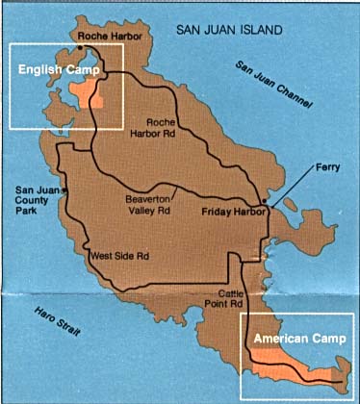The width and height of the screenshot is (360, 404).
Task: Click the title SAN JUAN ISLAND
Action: pyautogui.click(x=229, y=31)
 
